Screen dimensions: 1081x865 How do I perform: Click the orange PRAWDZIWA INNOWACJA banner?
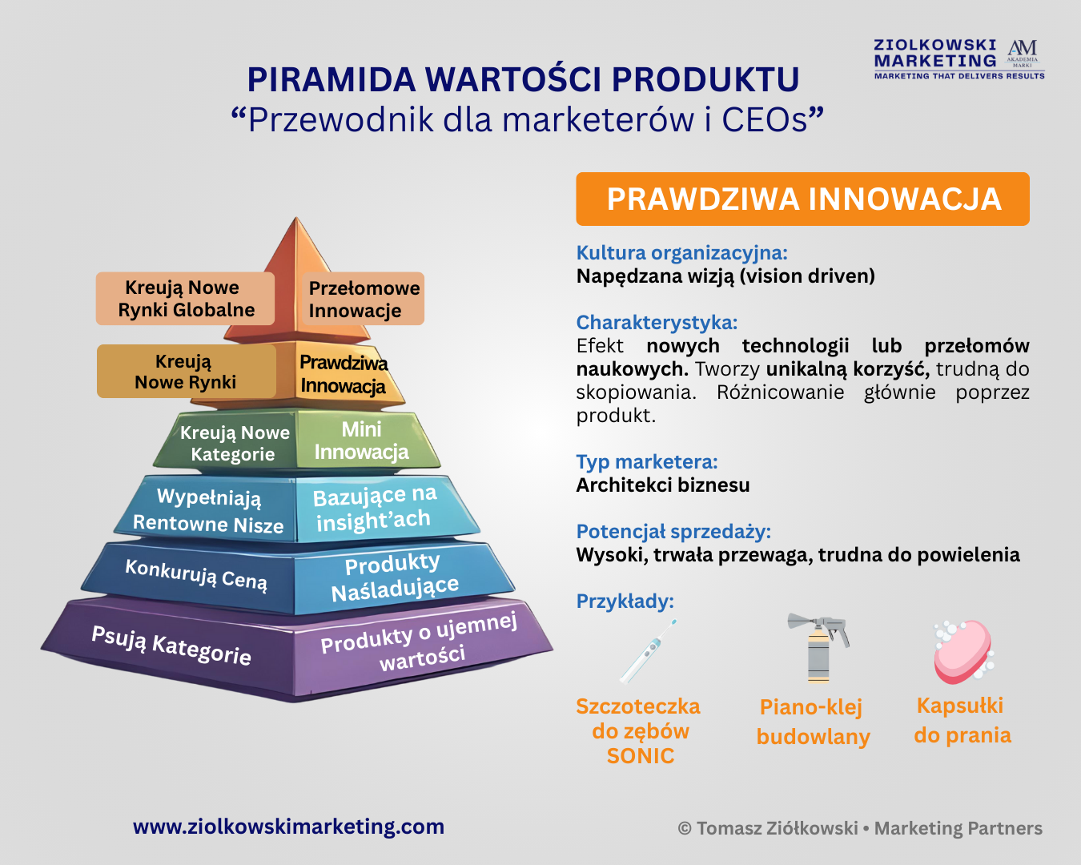pyautogui.click(x=802, y=199)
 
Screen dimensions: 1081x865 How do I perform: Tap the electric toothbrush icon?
pyautogui.click(x=648, y=651)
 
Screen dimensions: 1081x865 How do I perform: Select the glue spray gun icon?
pyautogui.click(x=818, y=648)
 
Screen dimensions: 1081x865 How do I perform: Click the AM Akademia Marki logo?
pyautogui.click(x=1023, y=54)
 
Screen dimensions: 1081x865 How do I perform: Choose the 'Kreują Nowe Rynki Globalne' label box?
pyautogui.click(x=185, y=299)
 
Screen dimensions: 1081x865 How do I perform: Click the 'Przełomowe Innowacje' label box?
pyautogui.click(x=364, y=299)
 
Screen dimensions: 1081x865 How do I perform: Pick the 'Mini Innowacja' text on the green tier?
pyautogui.click(x=362, y=441)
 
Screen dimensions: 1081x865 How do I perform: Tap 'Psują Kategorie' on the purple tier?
pyautogui.click(x=171, y=646)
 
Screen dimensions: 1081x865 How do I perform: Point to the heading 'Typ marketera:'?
pyautogui.click(x=647, y=461)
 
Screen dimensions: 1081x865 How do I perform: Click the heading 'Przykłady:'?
pyautogui.click(x=625, y=601)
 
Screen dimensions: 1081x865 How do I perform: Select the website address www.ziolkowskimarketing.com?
pyautogui.click(x=289, y=827)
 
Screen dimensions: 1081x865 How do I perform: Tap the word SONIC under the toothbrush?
pyautogui.click(x=641, y=756)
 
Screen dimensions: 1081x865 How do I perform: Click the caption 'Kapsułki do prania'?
pyautogui.click(x=962, y=720)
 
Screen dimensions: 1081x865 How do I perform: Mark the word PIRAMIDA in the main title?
pyautogui.click(x=332, y=79)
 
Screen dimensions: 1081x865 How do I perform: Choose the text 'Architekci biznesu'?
pyautogui.click(x=663, y=485)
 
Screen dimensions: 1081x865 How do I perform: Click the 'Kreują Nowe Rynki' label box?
pyautogui.click(x=187, y=371)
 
